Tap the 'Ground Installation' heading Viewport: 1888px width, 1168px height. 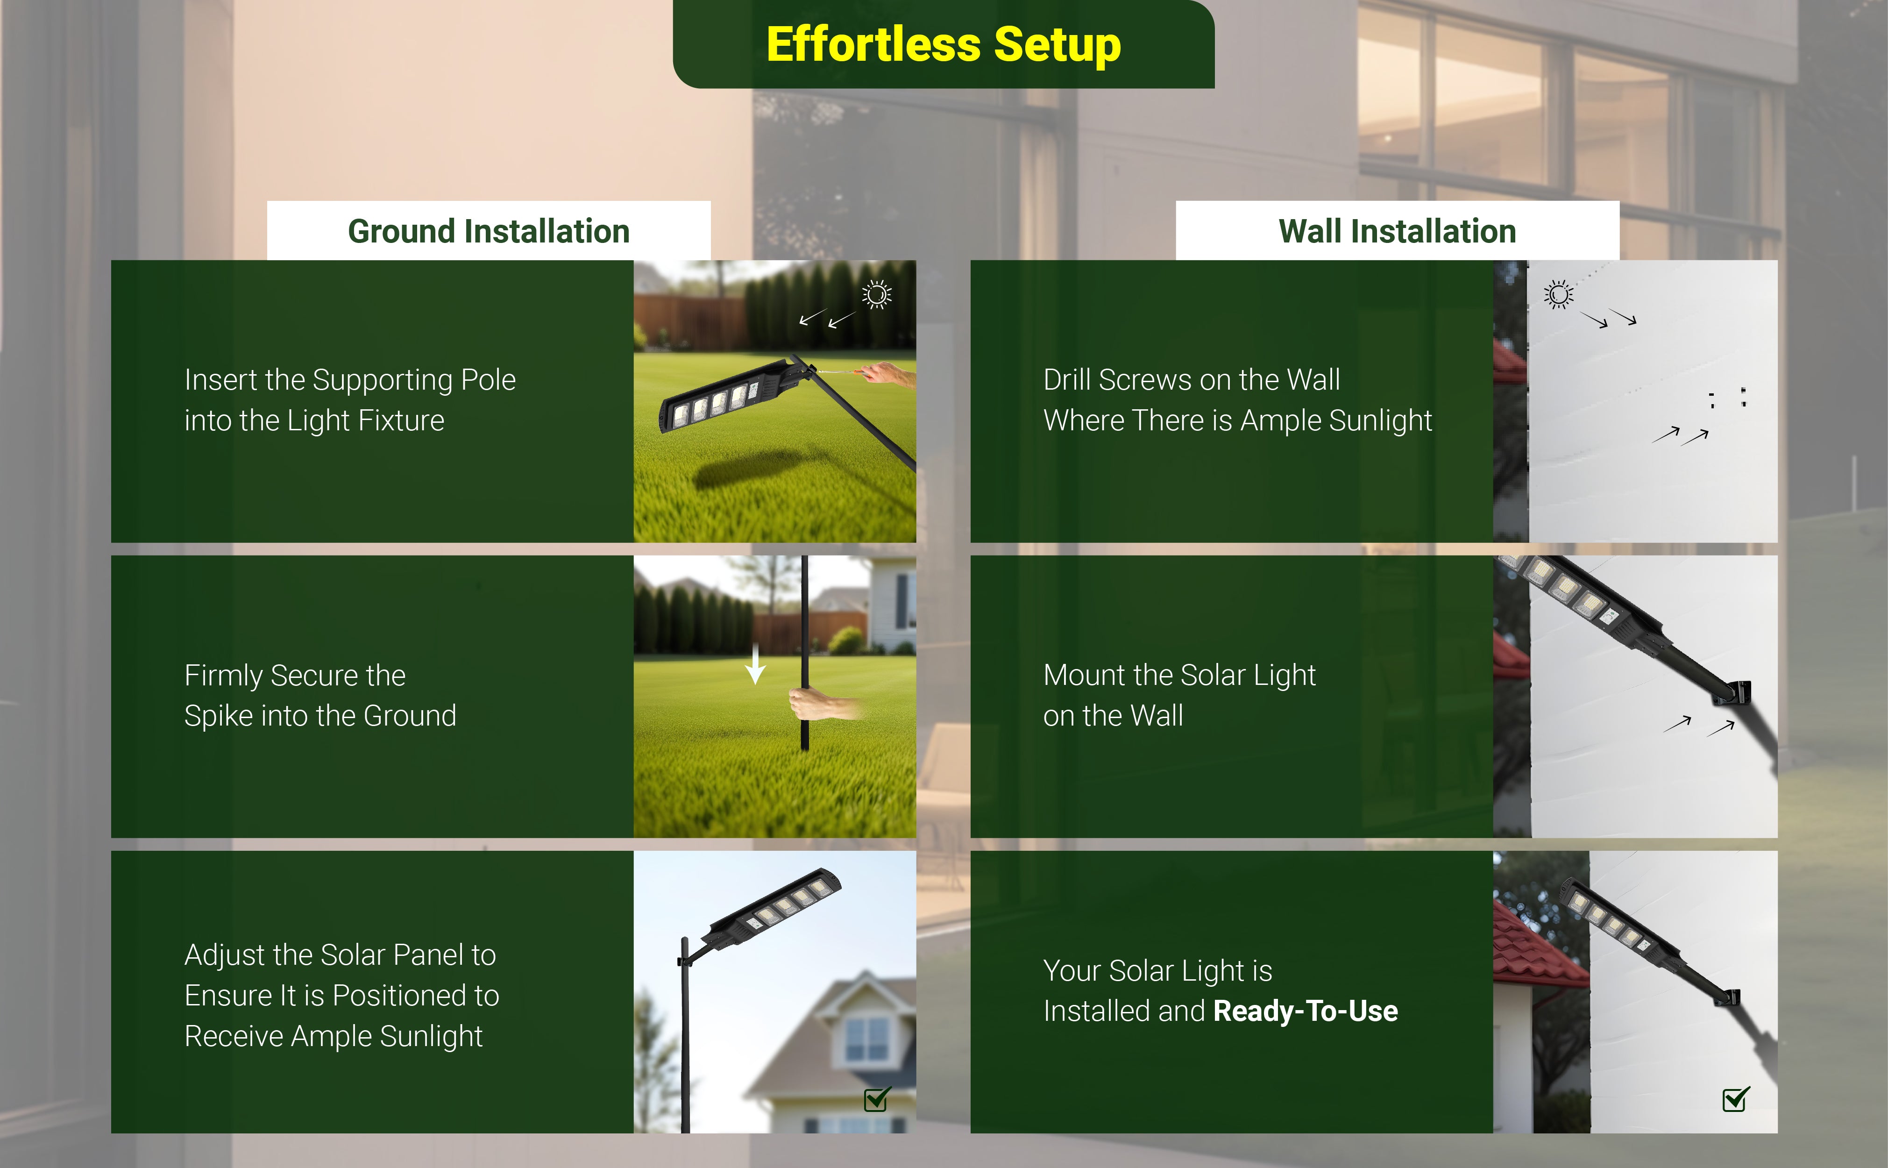pyautogui.click(x=489, y=231)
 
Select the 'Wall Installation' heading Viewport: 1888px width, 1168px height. pyautogui.click(x=1397, y=231)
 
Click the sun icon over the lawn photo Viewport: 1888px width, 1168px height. pyautogui.click(x=876, y=294)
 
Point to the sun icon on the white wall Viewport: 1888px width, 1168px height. pyautogui.click(x=1558, y=294)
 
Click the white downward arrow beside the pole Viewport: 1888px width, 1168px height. pyautogui.click(x=755, y=663)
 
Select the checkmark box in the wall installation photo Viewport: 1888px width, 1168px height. pyautogui.click(x=1736, y=1098)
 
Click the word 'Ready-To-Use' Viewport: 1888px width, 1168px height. pyautogui.click(x=1305, y=1011)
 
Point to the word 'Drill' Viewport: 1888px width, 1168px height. pyautogui.click(x=1067, y=380)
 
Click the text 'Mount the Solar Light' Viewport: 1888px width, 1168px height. pyautogui.click(x=1179, y=675)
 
